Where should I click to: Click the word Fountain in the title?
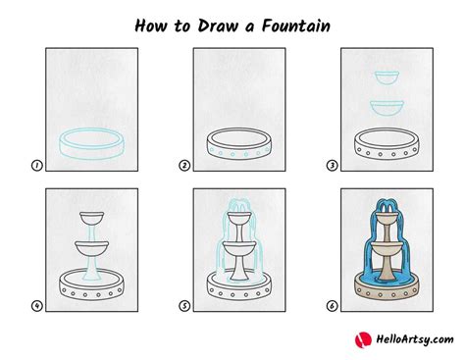tap(296, 26)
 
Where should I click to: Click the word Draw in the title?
tap(218, 26)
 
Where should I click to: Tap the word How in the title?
tap(152, 26)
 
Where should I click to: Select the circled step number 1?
tap(37, 166)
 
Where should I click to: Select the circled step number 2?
tap(184, 166)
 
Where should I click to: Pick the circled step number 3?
tap(332, 166)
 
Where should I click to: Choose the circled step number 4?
tap(37, 306)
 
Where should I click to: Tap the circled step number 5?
tap(184, 306)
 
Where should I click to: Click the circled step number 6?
tap(332, 306)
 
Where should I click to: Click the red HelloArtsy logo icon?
tap(363, 340)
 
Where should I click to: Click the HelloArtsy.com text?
tap(415, 339)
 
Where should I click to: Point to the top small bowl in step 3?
tap(387, 77)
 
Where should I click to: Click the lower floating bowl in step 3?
tap(387, 108)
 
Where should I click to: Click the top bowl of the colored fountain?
tap(387, 218)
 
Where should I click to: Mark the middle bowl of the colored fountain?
tap(387, 249)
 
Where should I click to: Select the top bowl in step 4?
tap(92, 218)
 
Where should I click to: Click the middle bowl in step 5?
tap(239, 249)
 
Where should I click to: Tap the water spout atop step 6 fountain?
tap(387, 205)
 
